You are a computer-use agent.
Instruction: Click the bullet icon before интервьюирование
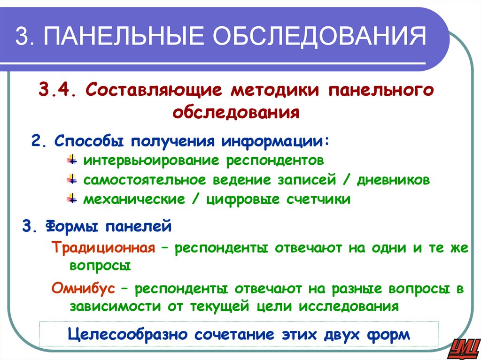[72, 160]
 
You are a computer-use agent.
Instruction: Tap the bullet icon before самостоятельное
[72, 180]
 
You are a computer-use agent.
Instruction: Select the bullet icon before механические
[72, 199]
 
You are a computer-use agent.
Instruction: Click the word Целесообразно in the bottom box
[128, 335]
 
